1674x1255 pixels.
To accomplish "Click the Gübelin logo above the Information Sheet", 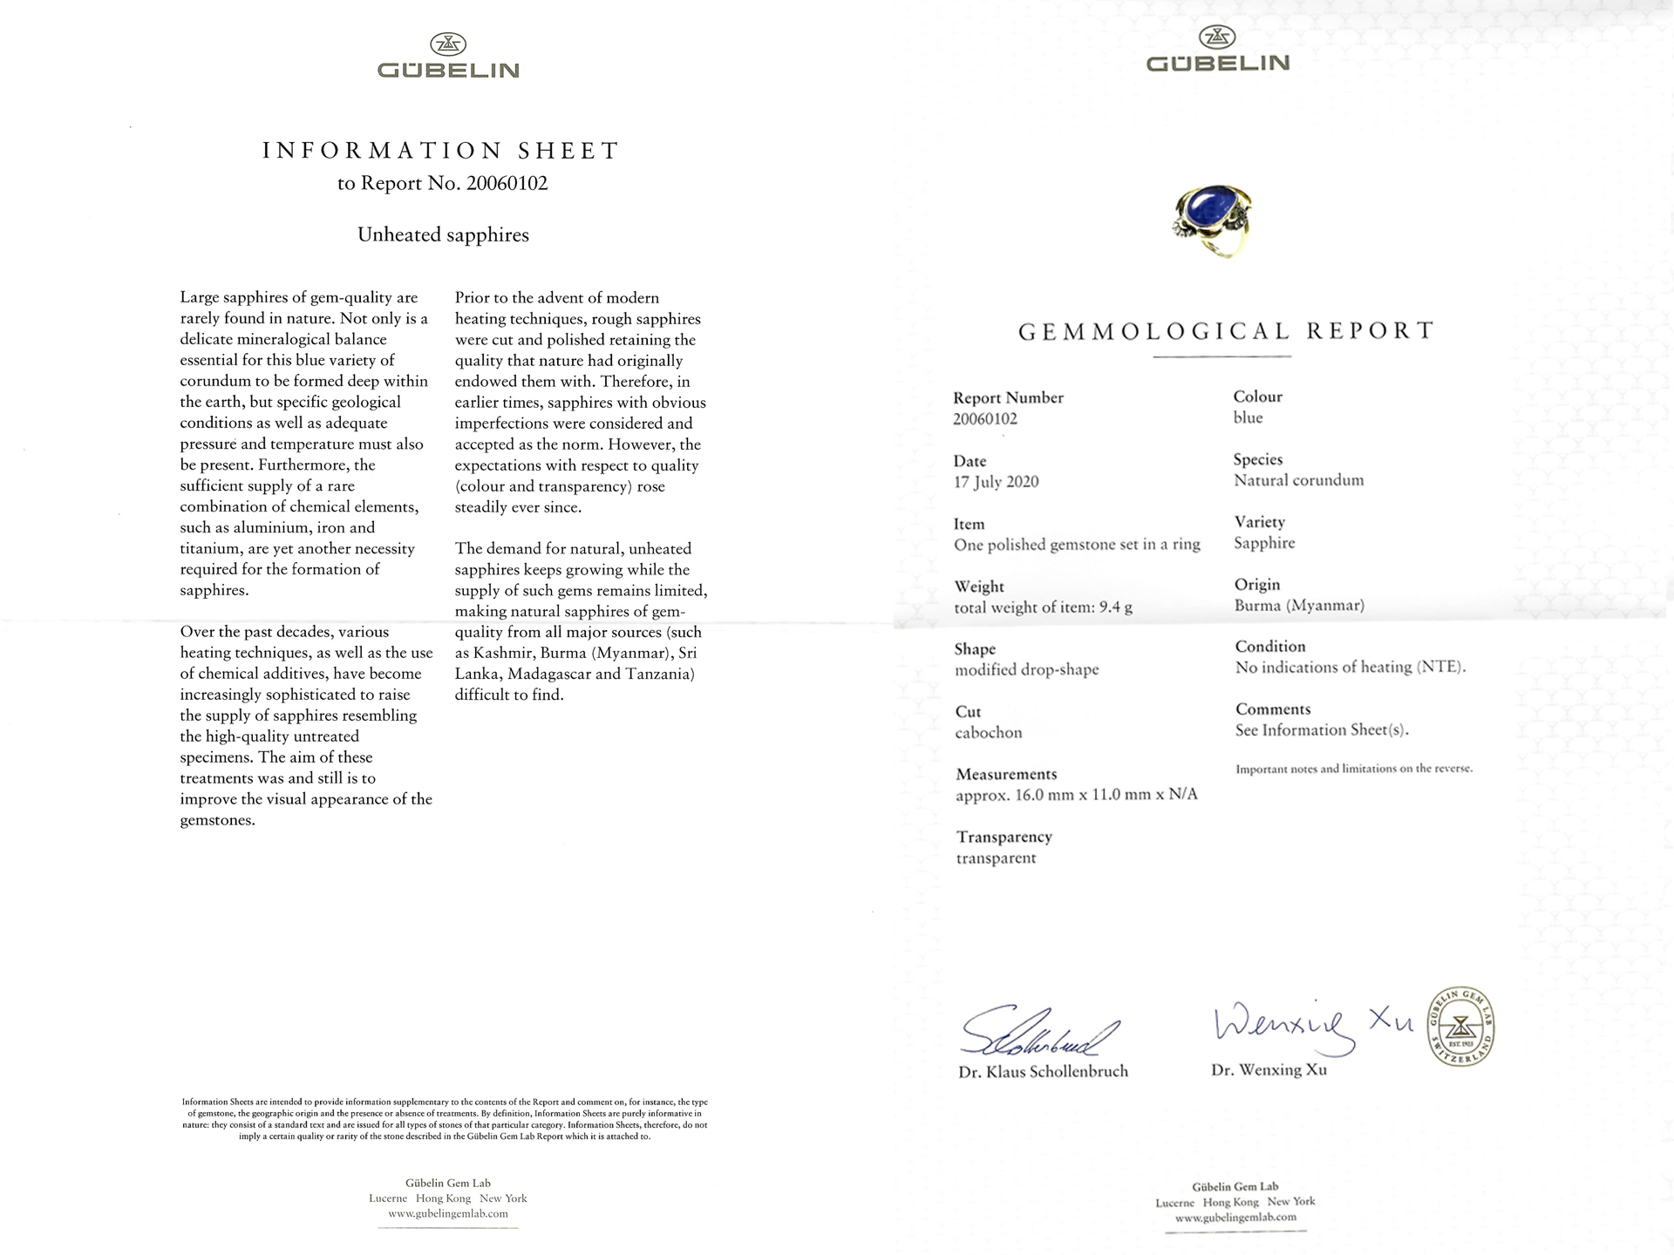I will coord(448,57).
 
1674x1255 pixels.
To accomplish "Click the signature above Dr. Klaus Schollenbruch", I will coord(1038,1034).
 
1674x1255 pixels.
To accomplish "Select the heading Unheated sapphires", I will coord(443,235).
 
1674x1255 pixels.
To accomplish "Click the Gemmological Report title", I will coord(1225,331).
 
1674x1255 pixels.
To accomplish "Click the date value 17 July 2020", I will coord(996,482).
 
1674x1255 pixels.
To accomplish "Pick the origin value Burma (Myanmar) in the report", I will coord(1299,606).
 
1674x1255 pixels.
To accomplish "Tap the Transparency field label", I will coord(1004,838).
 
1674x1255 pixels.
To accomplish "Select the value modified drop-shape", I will coord(1026,670).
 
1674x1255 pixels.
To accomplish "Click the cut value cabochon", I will coord(988,733).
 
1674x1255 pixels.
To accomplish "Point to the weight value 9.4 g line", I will coord(1043,607).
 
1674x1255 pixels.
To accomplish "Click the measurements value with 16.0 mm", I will coord(1076,795).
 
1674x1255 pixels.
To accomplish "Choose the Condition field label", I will coord(1269,647).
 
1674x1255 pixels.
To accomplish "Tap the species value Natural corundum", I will coord(1298,480).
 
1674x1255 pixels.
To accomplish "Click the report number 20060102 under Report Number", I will coord(984,419).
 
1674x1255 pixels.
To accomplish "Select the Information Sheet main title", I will coord(441,151).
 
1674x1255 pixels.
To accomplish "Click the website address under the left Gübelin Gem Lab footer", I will coord(448,1213).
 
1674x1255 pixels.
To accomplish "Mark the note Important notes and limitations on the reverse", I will coord(1353,769).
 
